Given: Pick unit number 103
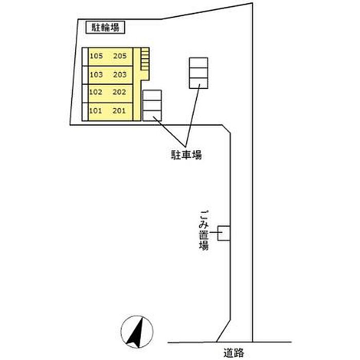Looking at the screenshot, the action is (96, 75).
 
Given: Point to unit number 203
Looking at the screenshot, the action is (120, 75).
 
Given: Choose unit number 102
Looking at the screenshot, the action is (96, 93).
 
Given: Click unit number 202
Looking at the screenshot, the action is (120, 93).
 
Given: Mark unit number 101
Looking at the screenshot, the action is (96, 111).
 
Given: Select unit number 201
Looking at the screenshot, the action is (120, 111).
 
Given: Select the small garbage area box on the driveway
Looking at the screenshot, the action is (224, 233).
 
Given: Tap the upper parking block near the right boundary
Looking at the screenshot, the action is (199, 73).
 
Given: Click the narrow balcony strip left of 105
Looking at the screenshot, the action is (85, 57).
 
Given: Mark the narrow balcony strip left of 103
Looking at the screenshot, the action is (85, 75).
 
